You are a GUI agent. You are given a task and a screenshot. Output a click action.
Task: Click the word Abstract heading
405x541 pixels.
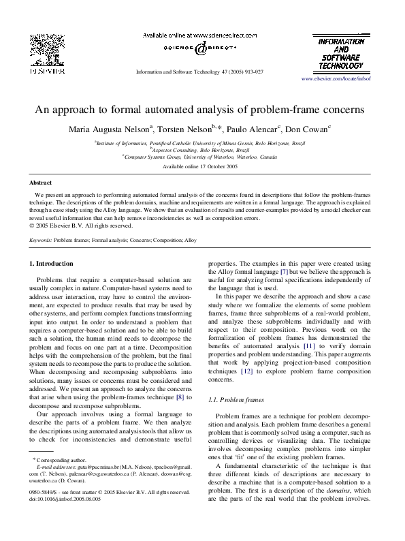coord(42,183)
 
